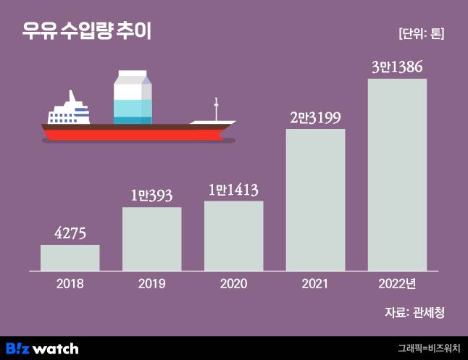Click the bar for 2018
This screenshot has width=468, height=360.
[x=70, y=258]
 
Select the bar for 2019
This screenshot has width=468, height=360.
[x=151, y=239]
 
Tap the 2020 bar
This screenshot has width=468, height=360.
[x=233, y=235]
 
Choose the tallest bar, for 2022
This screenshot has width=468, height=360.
[x=397, y=174]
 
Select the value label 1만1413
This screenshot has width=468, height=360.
[x=233, y=190]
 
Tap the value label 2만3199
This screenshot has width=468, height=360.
[x=315, y=117]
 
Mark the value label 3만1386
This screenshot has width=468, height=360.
[x=397, y=67]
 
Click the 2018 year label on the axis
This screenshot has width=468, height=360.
[x=70, y=284]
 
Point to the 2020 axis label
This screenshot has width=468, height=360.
[x=233, y=284]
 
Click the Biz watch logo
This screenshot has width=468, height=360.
[x=42, y=348]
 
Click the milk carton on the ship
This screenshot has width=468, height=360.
[x=133, y=97]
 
